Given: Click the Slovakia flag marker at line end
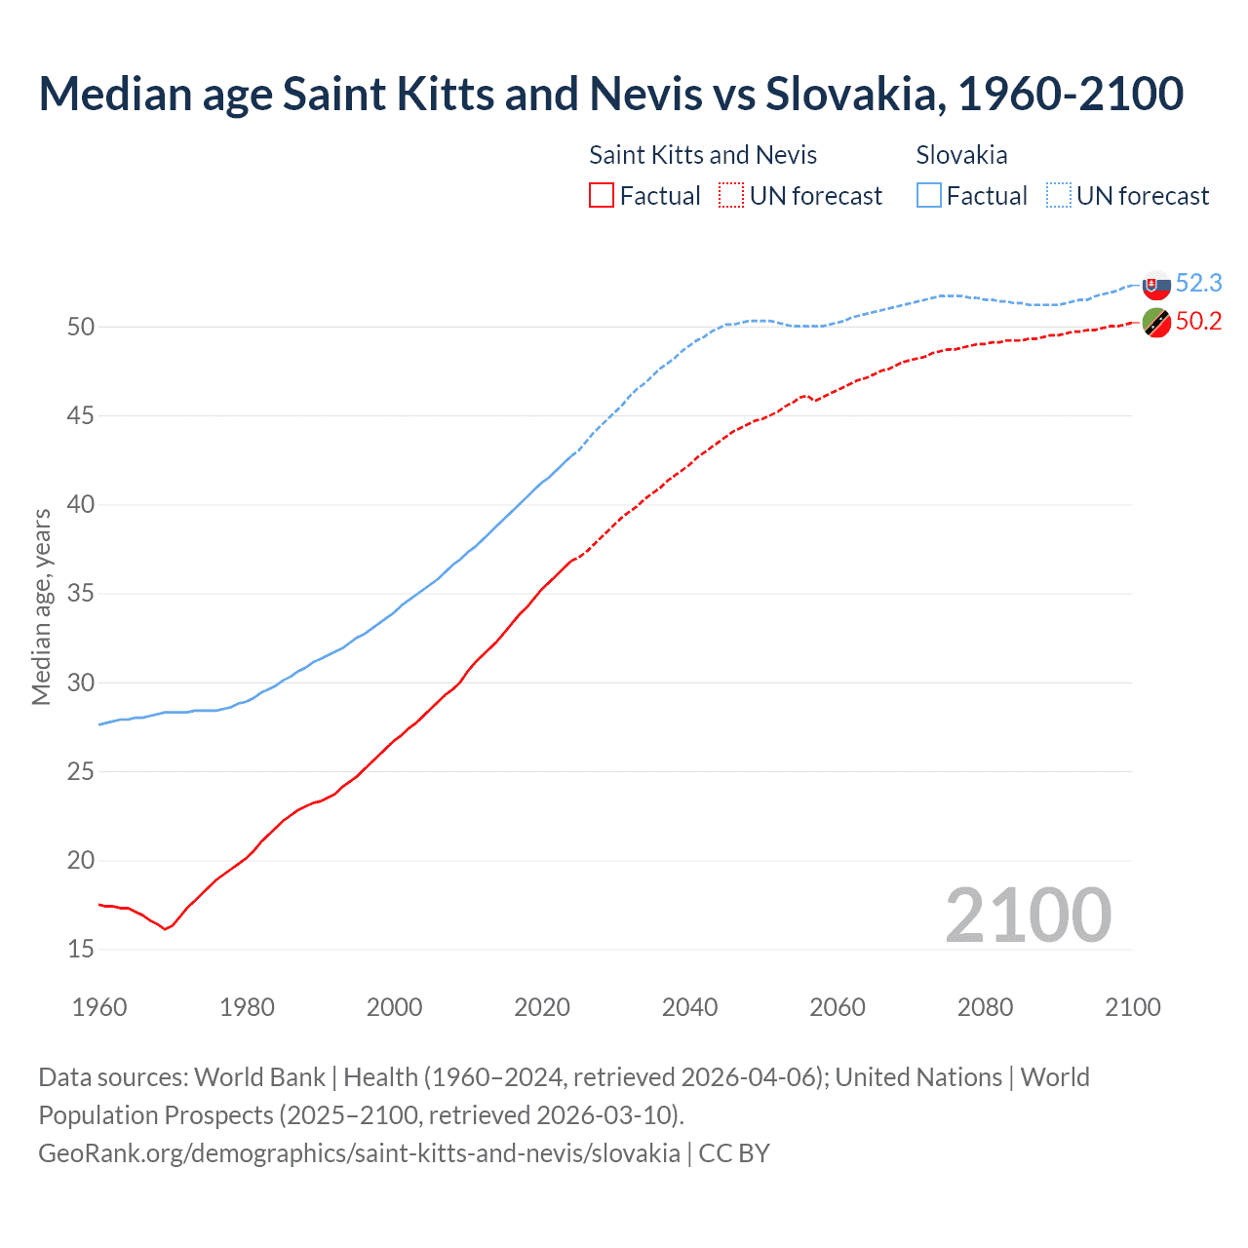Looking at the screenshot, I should (1156, 286).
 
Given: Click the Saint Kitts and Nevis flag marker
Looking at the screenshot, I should (1156, 322).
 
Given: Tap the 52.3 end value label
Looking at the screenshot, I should (1198, 284).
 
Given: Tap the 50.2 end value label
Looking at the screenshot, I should (1198, 322).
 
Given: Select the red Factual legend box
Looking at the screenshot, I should (602, 196).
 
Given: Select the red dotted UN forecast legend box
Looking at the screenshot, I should (731, 196).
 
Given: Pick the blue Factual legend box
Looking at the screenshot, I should (929, 196).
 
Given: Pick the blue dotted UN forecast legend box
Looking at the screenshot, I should (1058, 196).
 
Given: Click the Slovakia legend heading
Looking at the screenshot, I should (961, 155).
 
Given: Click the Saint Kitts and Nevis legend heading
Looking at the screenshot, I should (703, 155).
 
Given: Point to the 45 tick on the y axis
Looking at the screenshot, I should (81, 416).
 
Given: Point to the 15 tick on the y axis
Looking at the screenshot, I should (81, 950).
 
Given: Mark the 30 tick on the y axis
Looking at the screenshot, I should (81, 682).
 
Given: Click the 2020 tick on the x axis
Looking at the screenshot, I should (542, 1007).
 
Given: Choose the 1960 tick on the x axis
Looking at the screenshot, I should (99, 1007).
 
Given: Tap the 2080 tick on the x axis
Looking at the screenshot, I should (985, 1007).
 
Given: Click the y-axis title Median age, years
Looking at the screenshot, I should (41, 606).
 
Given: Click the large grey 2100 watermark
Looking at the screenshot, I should (1028, 916).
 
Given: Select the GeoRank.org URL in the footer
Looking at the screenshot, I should (359, 1153).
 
